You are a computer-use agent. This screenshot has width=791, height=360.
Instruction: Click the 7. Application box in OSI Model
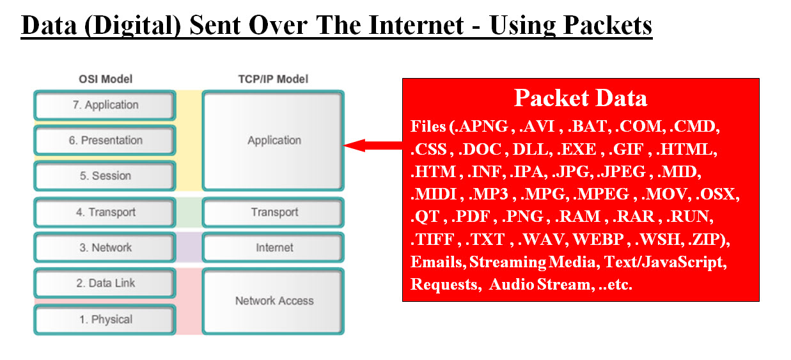pyautogui.click(x=104, y=106)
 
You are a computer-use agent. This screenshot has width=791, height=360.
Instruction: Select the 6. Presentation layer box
pyautogui.click(x=104, y=141)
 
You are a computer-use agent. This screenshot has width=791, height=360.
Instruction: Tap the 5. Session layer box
pyautogui.click(x=104, y=176)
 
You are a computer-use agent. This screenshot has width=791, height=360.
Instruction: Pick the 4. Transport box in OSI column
pyautogui.click(x=104, y=212)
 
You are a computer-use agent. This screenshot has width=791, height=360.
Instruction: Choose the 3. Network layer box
pyautogui.click(x=104, y=247)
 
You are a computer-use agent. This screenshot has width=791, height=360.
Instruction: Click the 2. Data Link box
pyautogui.click(x=104, y=283)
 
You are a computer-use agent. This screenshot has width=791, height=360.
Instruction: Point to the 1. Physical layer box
pyautogui.click(x=104, y=320)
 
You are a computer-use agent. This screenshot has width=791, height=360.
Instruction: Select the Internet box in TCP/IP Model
pyautogui.click(x=274, y=247)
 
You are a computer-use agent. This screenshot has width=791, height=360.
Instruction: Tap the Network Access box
pyautogui.click(x=274, y=301)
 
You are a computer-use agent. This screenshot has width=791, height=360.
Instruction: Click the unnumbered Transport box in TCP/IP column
pyautogui.click(x=274, y=212)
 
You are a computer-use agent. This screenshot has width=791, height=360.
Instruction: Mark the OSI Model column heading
pyautogui.click(x=106, y=79)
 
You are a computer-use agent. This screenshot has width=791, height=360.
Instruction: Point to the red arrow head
pyautogui.click(x=352, y=146)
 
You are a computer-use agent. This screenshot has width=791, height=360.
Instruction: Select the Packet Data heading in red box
pyautogui.click(x=580, y=98)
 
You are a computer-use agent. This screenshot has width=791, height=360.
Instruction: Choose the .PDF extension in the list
pyautogui.click(x=471, y=216)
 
